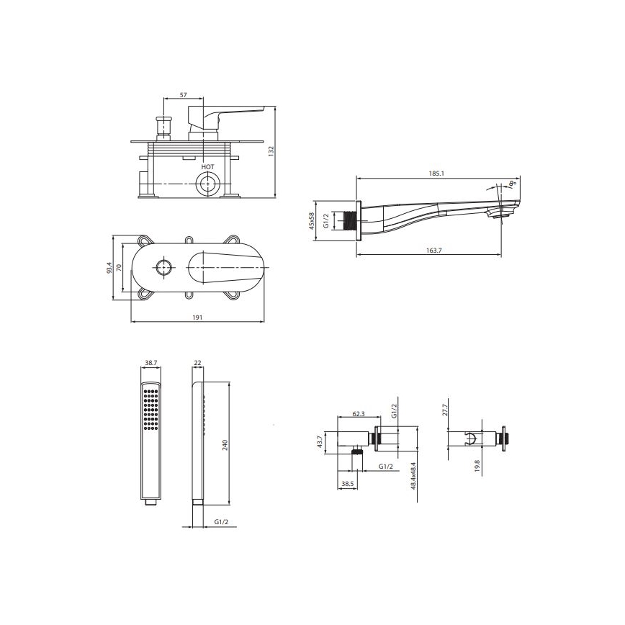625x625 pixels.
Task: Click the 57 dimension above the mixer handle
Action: tap(184, 95)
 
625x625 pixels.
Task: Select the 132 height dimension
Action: tap(271, 151)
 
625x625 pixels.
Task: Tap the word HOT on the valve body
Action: tap(207, 166)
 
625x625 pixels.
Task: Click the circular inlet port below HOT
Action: tap(208, 184)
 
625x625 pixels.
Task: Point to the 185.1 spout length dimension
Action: tap(436, 174)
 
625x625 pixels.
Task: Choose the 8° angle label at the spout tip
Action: tap(513, 184)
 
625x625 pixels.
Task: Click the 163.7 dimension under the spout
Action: tap(433, 251)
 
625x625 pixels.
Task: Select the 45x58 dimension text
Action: tap(312, 221)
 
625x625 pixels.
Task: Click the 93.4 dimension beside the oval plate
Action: tap(109, 267)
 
